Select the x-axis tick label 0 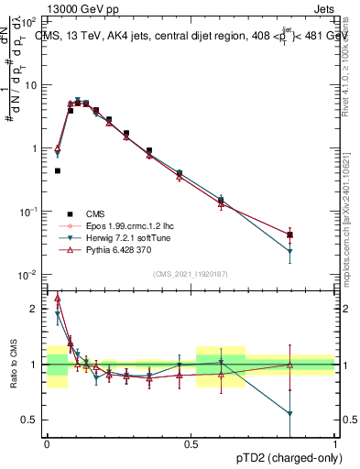click(47, 442)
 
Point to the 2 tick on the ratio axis click(37, 309)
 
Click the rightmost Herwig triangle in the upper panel click(290, 251)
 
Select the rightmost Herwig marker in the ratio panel click(290, 413)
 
